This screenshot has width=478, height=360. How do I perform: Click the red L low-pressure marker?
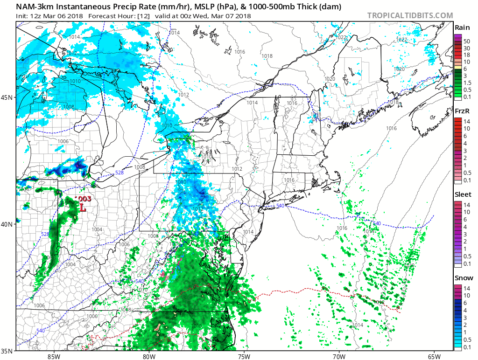click(x=83, y=208)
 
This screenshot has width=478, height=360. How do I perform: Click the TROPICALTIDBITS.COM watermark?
click(x=410, y=15)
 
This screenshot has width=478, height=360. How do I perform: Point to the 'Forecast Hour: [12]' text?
click(x=119, y=16)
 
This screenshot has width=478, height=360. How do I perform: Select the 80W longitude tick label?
click(x=149, y=356)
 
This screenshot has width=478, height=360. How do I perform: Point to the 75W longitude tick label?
click(x=244, y=356)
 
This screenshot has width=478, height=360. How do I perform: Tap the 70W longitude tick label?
click(x=339, y=356)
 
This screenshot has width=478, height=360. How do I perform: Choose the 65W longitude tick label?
click(x=434, y=356)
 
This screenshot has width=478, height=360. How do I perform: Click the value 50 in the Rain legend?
click(x=466, y=41)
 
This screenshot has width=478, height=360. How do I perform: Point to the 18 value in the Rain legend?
click(x=466, y=55)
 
